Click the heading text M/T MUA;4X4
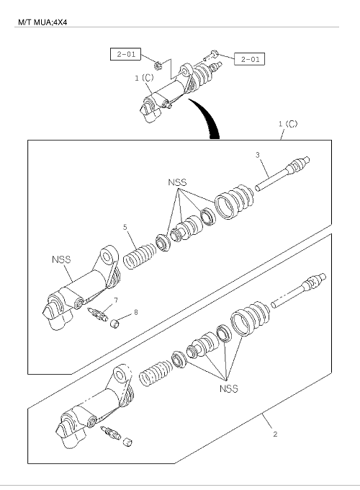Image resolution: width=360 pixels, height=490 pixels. click(x=42, y=22)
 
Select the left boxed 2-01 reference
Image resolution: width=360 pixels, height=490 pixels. click(x=125, y=54)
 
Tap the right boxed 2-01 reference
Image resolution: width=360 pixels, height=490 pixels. click(x=249, y=59)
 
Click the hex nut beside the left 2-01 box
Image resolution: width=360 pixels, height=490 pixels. click(x=158, y=66)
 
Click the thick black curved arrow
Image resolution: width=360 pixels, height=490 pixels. click(x=208, y=117)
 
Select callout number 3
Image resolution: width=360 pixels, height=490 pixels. click(x=258, y=155)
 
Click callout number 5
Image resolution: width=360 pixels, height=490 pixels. click(x=125, y=227)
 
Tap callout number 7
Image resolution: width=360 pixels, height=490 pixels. click(x=116, y=300)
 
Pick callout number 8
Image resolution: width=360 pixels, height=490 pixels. click(x=136, y=312)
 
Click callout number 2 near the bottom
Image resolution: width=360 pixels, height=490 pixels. click(x=275, y=434)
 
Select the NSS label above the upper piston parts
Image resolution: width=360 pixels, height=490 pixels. click(x=177, y=182)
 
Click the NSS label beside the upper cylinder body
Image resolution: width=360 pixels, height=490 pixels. click(x=61, y=259)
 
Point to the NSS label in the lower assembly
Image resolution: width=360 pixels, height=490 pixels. click(x=229, y=388)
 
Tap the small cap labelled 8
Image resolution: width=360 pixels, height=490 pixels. click(x=115, y=324)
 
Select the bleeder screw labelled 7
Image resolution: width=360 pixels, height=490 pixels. click(x=98, y=313)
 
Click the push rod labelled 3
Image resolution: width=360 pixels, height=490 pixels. click(x=282, y=173)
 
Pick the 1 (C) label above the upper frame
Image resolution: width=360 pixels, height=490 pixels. click(x=288, y=124)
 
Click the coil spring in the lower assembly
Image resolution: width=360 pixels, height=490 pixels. click(x=156, y=373)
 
